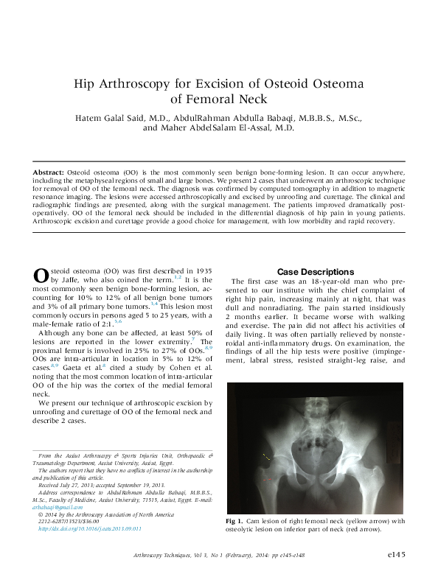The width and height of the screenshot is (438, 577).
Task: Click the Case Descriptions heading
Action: pos(315,271)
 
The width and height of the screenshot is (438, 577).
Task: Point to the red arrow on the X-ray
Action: pos(268,479)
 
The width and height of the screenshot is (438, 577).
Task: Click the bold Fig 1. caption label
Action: pos(235,521)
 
